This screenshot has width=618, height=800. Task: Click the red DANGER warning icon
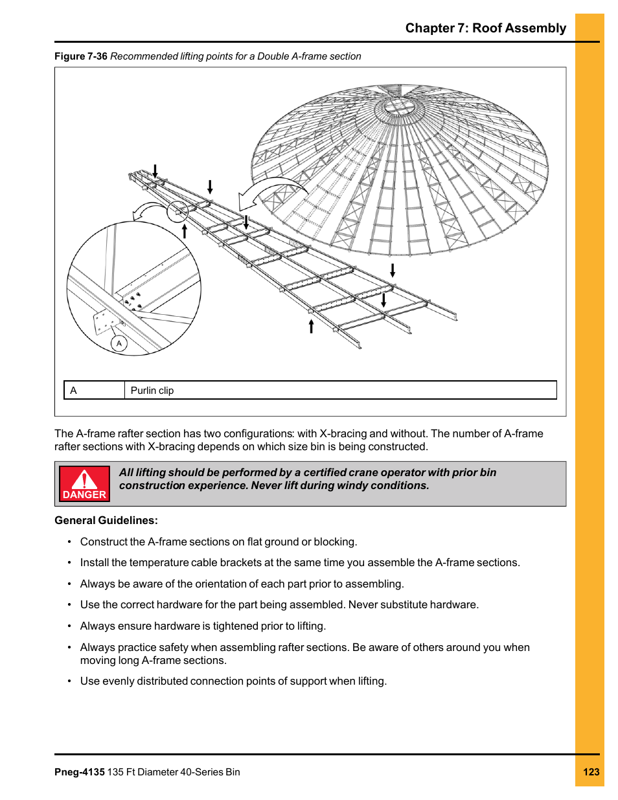click(84, 483)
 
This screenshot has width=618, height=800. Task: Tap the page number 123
click(591, 771)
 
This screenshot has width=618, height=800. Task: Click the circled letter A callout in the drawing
click(119, 343)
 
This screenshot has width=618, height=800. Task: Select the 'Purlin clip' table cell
click(152, 390)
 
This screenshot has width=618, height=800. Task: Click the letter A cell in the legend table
click(74, 390)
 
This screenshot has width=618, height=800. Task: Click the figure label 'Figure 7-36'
click(80, 56)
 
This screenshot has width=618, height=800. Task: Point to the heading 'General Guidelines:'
click(106, 520)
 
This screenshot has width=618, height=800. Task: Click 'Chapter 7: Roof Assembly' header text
click(485, 28)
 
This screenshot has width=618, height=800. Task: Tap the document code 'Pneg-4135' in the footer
click(79, 771)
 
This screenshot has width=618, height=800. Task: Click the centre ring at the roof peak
click(399, 106)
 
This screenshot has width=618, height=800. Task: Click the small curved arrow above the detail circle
click(150, 211)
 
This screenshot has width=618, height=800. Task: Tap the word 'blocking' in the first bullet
click(334, 542)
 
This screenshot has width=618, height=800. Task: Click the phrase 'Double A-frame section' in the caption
click(309, 56)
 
